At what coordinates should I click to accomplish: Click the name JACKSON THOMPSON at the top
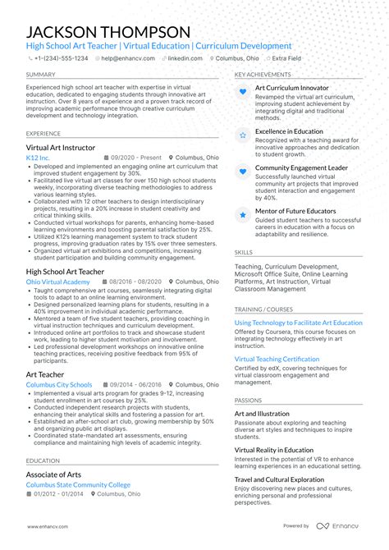(108, 31)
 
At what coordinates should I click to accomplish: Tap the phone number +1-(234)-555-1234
(62, 59)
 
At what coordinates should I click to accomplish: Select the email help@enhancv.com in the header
(124, 59)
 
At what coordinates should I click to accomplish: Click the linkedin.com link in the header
(185, 59)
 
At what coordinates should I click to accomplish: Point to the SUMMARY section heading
(41, 74)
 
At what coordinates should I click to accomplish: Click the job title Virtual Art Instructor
(71, 148)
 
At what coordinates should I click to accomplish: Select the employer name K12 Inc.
(38, 158)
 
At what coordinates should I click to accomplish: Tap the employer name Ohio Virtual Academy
(58, 282)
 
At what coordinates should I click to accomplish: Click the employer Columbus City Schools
(59, 384)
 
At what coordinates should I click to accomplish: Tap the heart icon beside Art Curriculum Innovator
(243, 91)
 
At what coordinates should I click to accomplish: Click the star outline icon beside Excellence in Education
(243, 133)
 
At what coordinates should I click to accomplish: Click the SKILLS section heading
(244, 253)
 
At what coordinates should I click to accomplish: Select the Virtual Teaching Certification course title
(289, 360)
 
